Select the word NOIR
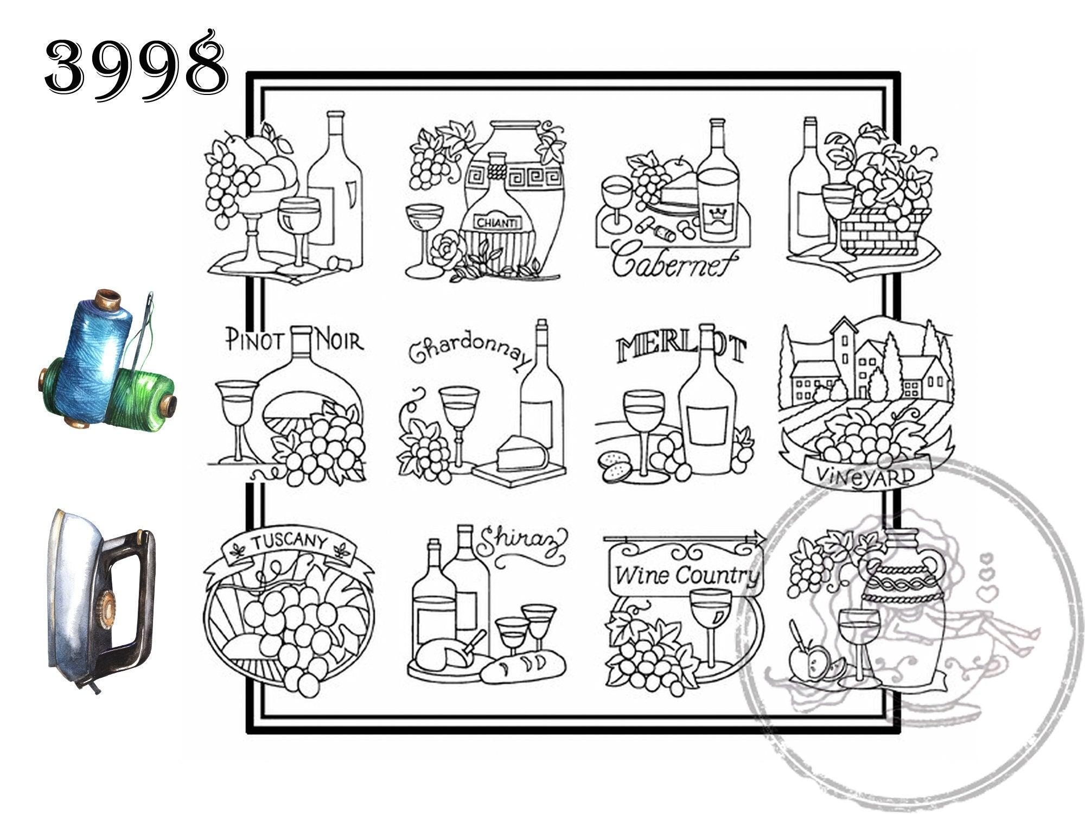[340, 341]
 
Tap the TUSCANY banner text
[289, 542]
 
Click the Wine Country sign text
[687, 575]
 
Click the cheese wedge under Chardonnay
[522, 452]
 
